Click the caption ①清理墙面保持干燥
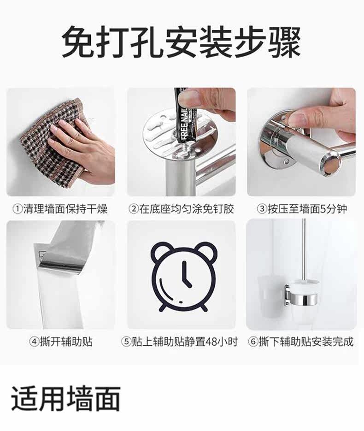60,209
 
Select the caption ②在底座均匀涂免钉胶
182,209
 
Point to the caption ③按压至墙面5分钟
302,209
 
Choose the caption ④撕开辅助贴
61,342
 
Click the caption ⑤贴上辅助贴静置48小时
179,342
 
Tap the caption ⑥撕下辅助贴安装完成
300,342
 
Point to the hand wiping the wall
82,146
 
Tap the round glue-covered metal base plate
182,135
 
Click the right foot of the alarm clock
204,308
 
